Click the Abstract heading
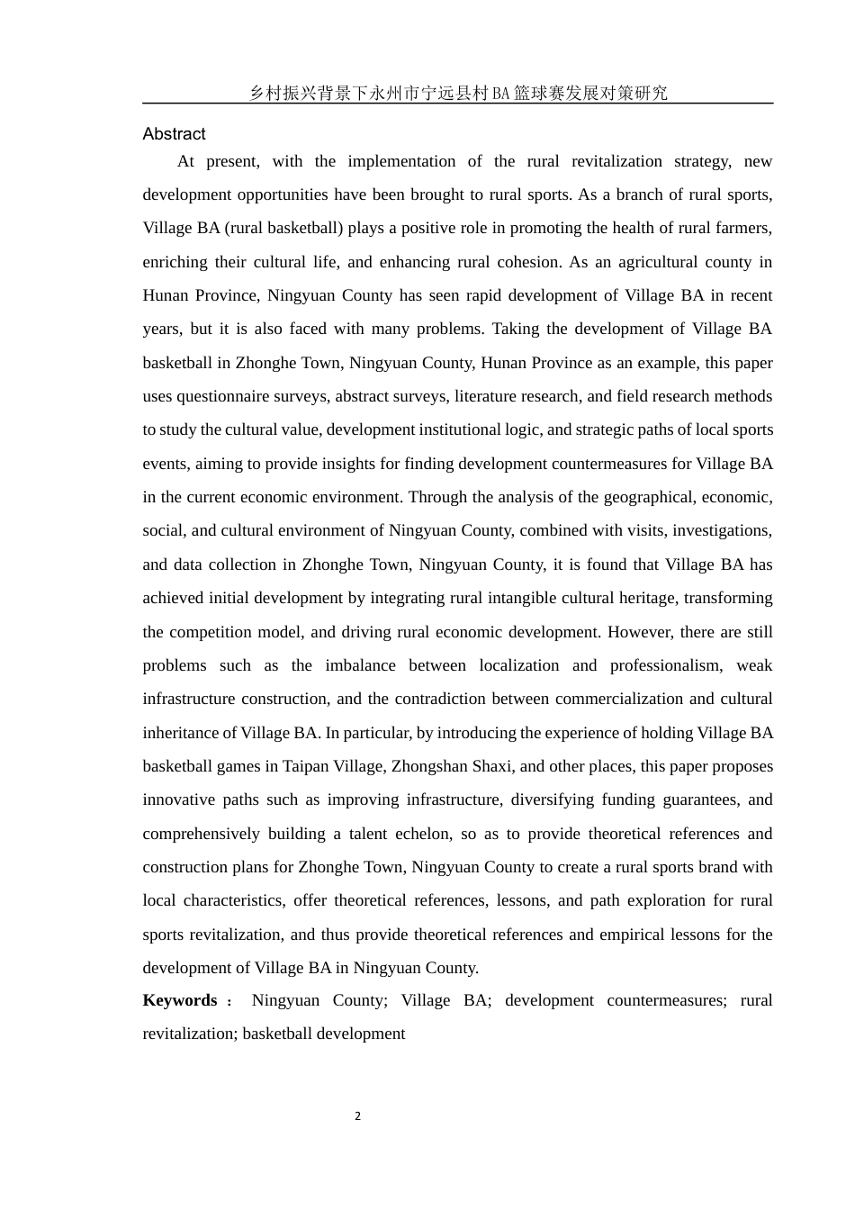click(x=174, y=134)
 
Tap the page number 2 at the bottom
click(x=357, y=1116)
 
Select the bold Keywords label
click(x=180, y=1000)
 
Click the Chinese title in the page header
click(x=458, y=93)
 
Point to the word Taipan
click(x=306, y=766)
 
